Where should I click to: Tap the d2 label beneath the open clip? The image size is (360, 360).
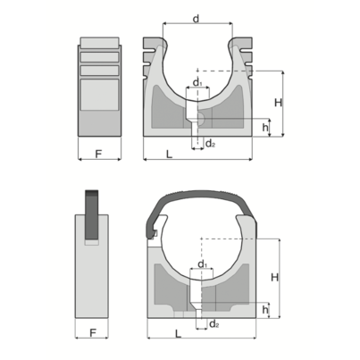[x=210, y=143]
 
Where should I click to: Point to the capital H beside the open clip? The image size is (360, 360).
[x=278, y=103]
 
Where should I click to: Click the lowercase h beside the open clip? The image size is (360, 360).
[x=265, y=127]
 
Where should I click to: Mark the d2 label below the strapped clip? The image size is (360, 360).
[x=215, y=322]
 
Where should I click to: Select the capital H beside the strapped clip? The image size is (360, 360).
[x=275, y=277]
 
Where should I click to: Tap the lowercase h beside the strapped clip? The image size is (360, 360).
[x=265, y=308]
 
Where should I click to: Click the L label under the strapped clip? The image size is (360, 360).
[x=179, y=334]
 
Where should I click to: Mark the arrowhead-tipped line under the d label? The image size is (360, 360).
[x=196, y=24]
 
